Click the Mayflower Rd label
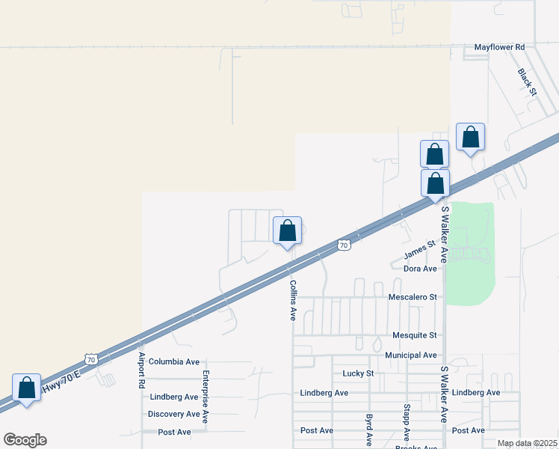coord(499,47)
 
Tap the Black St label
coord(527,82)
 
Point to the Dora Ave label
coord(419,269)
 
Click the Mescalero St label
coord(412,297)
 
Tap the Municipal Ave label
coord(410,355)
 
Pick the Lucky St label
coord(357,373)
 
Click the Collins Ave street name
coord(293,300)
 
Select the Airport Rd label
coord(140,370)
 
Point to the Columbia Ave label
coord(174,361)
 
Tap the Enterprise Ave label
coord(206,397)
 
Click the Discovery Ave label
coord(174,415)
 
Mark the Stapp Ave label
coord(407,423)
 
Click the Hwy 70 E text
coord(61,384)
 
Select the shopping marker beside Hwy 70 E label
coord(26,388)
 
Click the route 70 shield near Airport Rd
coord(90,360)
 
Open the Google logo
coord(25,440)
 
